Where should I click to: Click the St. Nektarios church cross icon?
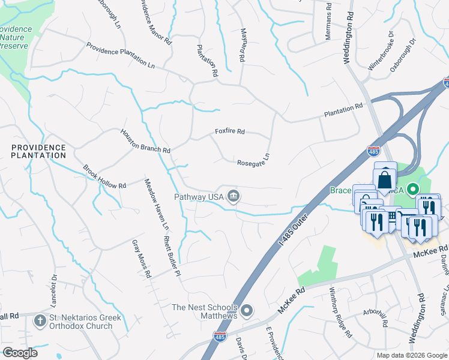(41, 321)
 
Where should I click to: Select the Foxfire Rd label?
(231, 131)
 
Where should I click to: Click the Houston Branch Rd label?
(146, 140)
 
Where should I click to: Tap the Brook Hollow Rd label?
(104, 177)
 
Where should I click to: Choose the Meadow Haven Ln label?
(155, 205)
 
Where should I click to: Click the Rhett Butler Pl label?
(172, 256)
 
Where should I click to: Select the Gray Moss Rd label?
(142, 259)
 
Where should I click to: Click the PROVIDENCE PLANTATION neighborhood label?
(38, 151)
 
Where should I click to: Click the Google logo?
(20, 353)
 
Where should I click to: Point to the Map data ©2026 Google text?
(411, 355)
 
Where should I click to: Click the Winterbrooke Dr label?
(379, 60)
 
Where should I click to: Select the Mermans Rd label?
(328, 23)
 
